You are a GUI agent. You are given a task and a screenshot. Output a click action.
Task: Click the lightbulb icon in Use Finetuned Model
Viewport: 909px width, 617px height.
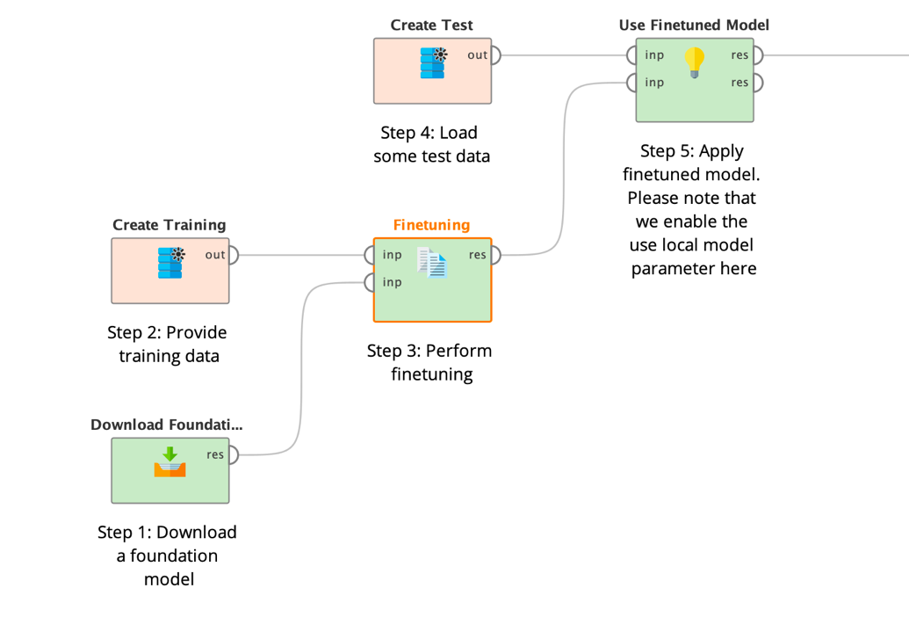pyautogui.click(x=695, y=62)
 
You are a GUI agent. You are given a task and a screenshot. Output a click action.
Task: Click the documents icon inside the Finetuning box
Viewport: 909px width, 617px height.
pyautogui.click(x=432, y=263)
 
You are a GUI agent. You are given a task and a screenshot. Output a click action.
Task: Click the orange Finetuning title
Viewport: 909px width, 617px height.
pyautogui.click(x=431, y=225)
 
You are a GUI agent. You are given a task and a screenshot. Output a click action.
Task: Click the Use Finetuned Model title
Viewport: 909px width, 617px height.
pyautogui.click(x=694, y=25)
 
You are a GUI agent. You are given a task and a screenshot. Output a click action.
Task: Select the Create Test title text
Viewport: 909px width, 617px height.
pyautogui.click(x=431, y=25)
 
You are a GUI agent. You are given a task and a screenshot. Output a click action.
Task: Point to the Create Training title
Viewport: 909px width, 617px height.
pyautogui.click(x=169, y=225)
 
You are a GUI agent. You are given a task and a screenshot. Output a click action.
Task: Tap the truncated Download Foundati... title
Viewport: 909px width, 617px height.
pyautogui.click(x=167, y=425)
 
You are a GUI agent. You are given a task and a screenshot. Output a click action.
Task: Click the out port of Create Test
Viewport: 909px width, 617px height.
pyautogui.click(x=495, y=55)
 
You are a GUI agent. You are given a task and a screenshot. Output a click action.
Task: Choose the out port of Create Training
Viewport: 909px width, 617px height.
pyautogui.click(x=234, y=255)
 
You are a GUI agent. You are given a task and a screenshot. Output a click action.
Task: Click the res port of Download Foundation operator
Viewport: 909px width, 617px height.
pyautogui.click(x=234, y=454)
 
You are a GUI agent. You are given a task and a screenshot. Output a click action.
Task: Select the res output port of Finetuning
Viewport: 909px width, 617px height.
pyautogui.click(x=495, y=255)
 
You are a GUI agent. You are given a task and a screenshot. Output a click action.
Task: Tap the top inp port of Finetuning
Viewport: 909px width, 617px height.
pyautogui.click(x=370, y=255)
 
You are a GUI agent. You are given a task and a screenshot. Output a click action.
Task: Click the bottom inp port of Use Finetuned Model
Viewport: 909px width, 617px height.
pyautogui.click(x=632, y=83)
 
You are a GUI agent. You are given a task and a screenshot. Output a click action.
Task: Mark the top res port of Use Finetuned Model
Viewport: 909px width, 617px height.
pyautogui.click(x=758, y=55)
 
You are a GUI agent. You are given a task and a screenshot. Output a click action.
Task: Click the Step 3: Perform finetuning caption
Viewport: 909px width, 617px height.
pyautogui.click(x=429, y=362)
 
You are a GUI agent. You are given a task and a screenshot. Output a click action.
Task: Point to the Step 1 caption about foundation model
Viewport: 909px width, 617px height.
pyautogui.click(x=168, y=555)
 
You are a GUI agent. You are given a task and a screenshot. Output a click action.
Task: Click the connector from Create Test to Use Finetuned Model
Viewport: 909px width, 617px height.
pyautogui.click(x=562, y=55)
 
